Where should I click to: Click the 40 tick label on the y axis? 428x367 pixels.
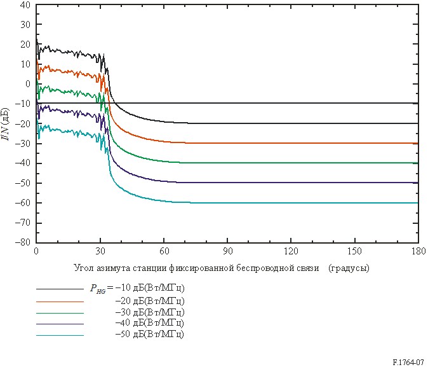[25, 4]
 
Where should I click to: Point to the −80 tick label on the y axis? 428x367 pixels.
[23, 242]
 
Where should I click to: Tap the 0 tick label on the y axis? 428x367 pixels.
[28, 84]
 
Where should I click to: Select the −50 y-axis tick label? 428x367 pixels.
[23, 183]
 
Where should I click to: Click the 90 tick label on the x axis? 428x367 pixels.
[227, 251]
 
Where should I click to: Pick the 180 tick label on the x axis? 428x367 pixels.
[418, 251]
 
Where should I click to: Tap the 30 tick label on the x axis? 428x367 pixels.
[100, 251]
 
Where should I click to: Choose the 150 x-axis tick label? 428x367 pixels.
[354, 251]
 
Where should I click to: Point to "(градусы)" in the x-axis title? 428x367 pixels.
[349, 268]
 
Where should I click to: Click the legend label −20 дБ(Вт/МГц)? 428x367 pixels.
[150, 301]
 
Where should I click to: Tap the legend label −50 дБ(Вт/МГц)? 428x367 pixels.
[150, 334]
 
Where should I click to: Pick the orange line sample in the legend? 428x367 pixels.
[60, 301]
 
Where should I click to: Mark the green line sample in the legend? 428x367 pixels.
[60, 313]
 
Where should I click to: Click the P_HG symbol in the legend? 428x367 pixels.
[98, 289]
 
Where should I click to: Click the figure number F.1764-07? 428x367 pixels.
[408, 363]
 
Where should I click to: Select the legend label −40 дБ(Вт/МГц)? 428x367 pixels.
[150, 323]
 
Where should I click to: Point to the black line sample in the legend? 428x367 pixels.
[60, 289]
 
